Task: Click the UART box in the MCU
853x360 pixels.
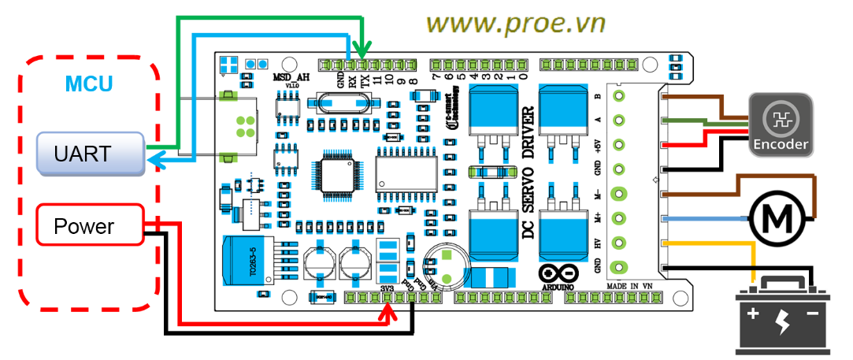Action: (91, 154)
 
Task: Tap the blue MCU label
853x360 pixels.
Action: (88, 84)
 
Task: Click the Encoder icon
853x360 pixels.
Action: (780, 123)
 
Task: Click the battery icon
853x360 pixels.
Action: (782, 317)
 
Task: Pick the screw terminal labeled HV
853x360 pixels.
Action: (620, 243)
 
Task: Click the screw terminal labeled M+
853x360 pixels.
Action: (620, 218)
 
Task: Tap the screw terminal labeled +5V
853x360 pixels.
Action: (620, 145)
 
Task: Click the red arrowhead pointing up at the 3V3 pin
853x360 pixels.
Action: (385, 310)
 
